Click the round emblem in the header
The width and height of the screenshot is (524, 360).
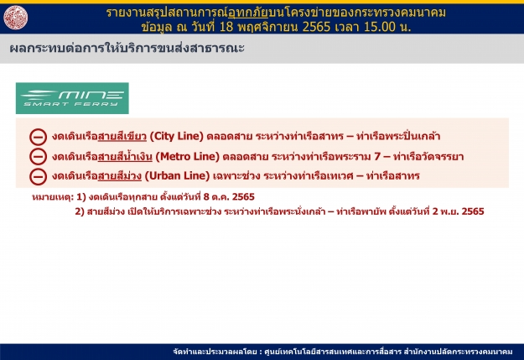[16, 18]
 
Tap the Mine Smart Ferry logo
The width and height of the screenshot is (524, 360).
[72, 98]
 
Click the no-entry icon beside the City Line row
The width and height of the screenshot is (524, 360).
[38, 137]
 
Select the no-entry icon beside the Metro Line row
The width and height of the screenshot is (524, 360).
[38, 157]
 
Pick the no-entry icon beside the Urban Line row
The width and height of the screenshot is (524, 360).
[38, 177]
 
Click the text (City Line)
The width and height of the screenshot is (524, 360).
[176, 136]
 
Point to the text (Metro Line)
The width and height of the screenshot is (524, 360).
[188, 156]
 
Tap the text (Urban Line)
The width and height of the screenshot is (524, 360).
[177, 175]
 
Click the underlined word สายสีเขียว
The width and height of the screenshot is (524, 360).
[122, 136]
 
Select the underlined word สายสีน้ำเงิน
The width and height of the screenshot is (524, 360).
[125, 156]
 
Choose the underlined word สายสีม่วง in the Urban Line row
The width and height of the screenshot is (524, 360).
[120, 175]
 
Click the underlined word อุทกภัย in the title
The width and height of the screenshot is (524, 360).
[247, 13]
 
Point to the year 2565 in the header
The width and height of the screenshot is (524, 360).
[316, 27]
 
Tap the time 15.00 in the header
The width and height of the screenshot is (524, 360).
[379, 27]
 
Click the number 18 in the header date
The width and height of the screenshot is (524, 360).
[226, 27]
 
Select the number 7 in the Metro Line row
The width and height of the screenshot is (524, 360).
[377, 156]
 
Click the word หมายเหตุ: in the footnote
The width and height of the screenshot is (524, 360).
[53, 197]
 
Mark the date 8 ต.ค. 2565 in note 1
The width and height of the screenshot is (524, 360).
[229, 196]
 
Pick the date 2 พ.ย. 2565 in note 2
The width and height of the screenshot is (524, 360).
[458, 211]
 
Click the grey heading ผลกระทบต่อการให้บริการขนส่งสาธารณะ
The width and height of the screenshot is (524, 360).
[127, 48]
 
